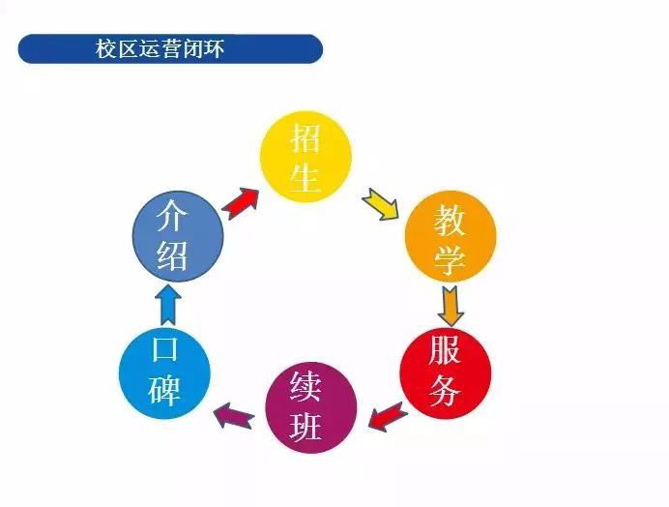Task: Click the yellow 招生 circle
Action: tap(305, 157)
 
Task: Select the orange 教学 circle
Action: tap(451, 236)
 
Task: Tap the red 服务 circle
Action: tap(446, 373)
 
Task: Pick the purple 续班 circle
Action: tap(311, 407)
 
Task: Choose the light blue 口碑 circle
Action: tap(164, 373)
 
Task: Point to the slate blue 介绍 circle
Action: tap(178, 236)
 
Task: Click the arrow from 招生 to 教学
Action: tap(380, 204)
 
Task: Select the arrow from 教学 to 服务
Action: tap(451, 307)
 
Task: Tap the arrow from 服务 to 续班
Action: tap(389, 416)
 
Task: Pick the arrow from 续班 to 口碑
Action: tap(235, 416)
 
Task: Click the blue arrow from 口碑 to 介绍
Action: tap(168, 304)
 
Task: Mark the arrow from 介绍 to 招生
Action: tap(241, 203)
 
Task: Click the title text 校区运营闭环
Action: tap(160, 48)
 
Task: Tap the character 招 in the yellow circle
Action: tap(305, 137)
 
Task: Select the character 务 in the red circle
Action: tap(445, 391)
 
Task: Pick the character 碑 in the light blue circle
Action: tap(163, 390)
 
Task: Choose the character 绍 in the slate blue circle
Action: tap(172, 255)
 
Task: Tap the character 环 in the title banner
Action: tap(214, 48)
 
